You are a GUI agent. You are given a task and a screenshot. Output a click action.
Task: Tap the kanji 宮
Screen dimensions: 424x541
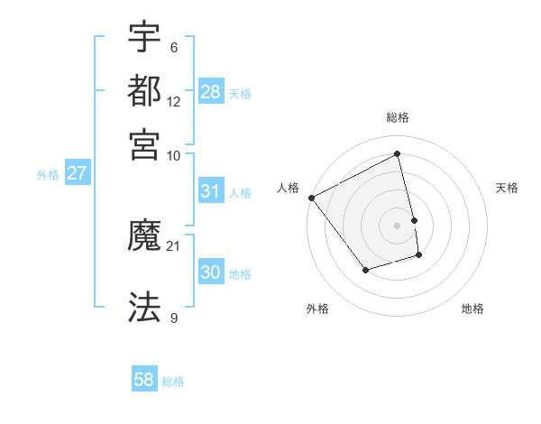(144, 143)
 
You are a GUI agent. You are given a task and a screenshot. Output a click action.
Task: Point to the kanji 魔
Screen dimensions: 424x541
(144, 237)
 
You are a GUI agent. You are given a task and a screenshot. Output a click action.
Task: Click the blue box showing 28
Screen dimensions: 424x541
(211, 91)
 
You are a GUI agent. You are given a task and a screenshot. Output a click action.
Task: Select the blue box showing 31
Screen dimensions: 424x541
(210, 191)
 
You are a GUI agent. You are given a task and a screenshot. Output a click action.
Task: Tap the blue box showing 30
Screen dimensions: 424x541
(210, 273)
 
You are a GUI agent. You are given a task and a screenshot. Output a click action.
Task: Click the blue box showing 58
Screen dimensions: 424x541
(143, 380)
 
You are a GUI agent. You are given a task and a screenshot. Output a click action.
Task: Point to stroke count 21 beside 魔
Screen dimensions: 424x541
(174, 245)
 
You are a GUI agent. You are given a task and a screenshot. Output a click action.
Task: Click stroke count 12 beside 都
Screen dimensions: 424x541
(174, 101)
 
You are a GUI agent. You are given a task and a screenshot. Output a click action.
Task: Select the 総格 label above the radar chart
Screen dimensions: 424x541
(398, 117)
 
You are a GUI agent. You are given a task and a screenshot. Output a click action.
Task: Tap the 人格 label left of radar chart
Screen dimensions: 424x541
(289, 188)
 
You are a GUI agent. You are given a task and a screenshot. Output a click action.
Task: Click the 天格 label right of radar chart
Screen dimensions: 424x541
(507, 188)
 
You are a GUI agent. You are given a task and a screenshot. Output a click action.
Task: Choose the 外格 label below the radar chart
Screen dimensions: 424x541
(317, 309)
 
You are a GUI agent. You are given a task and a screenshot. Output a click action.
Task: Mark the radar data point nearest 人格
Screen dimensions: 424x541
(311, 198)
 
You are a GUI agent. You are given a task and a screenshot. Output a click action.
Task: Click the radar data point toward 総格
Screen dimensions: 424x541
(398, 153)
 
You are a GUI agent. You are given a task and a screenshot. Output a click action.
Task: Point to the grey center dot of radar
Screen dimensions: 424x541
(398, 225)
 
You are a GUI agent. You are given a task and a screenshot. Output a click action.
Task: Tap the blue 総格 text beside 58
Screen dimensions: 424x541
(173, 382)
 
